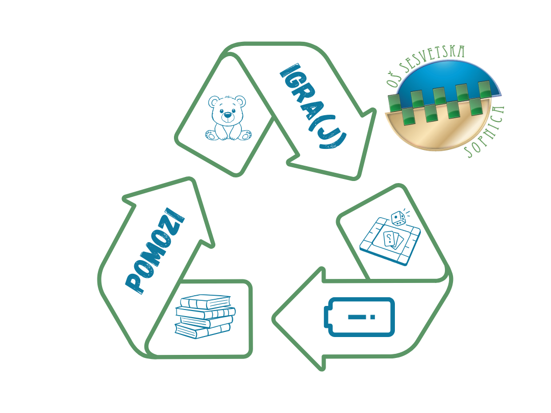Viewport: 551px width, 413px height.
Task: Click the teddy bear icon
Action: [229, 118]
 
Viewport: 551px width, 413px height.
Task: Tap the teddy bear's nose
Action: [228, 115]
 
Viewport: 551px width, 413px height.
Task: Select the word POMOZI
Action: [155, 251]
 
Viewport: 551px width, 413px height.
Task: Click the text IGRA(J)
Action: [313, 106]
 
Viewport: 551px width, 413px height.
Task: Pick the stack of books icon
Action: [205, 317]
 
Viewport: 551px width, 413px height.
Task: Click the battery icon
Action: [359, 317]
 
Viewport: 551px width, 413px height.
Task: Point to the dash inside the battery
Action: [357, 317]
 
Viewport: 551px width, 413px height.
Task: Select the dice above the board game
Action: [399, 218]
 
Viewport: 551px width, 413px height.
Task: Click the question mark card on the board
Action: [389, 239]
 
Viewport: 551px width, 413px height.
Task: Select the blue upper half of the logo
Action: [448, 82]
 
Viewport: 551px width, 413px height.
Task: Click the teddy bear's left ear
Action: [214, 102]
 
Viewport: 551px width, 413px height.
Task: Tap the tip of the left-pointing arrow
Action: [273, 319]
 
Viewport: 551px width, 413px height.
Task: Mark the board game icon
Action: [390, 238]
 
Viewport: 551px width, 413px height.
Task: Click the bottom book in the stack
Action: [202, 331]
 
